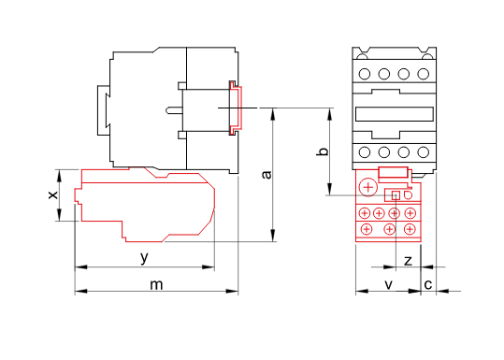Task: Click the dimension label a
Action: (x=266, y=175)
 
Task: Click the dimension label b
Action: (x=323, y=151)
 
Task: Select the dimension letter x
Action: (x=53, y=194)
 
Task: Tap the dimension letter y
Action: (x=145, y=257)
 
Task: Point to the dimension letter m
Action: (x=156, y=285)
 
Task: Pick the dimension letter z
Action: (x=408, y=260)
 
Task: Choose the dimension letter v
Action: (x=389, y=284)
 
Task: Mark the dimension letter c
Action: (x=428, y=285)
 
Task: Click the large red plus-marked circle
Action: (x=368, y=187)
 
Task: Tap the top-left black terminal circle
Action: (x=364, y=74)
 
